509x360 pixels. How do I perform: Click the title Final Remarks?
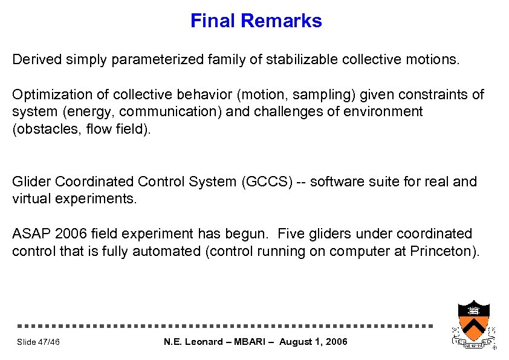click(256, 21)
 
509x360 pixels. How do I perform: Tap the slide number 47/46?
click(39, 342)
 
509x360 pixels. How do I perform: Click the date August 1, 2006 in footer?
click(314, 342)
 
